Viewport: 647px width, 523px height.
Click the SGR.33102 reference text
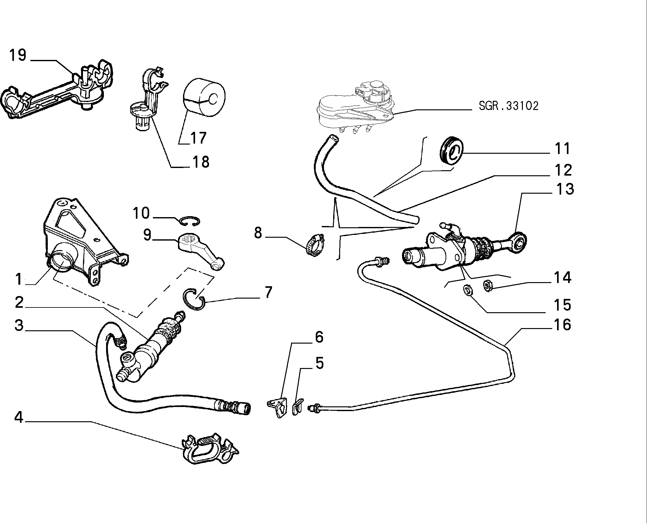(508, 106)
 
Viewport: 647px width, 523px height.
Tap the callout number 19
(18, 55)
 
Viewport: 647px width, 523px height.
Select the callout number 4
(19, 417)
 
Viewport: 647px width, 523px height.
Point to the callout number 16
(562, 325)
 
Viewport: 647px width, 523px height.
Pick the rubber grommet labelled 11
(451, 151)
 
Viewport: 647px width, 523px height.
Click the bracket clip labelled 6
(277, 407)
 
